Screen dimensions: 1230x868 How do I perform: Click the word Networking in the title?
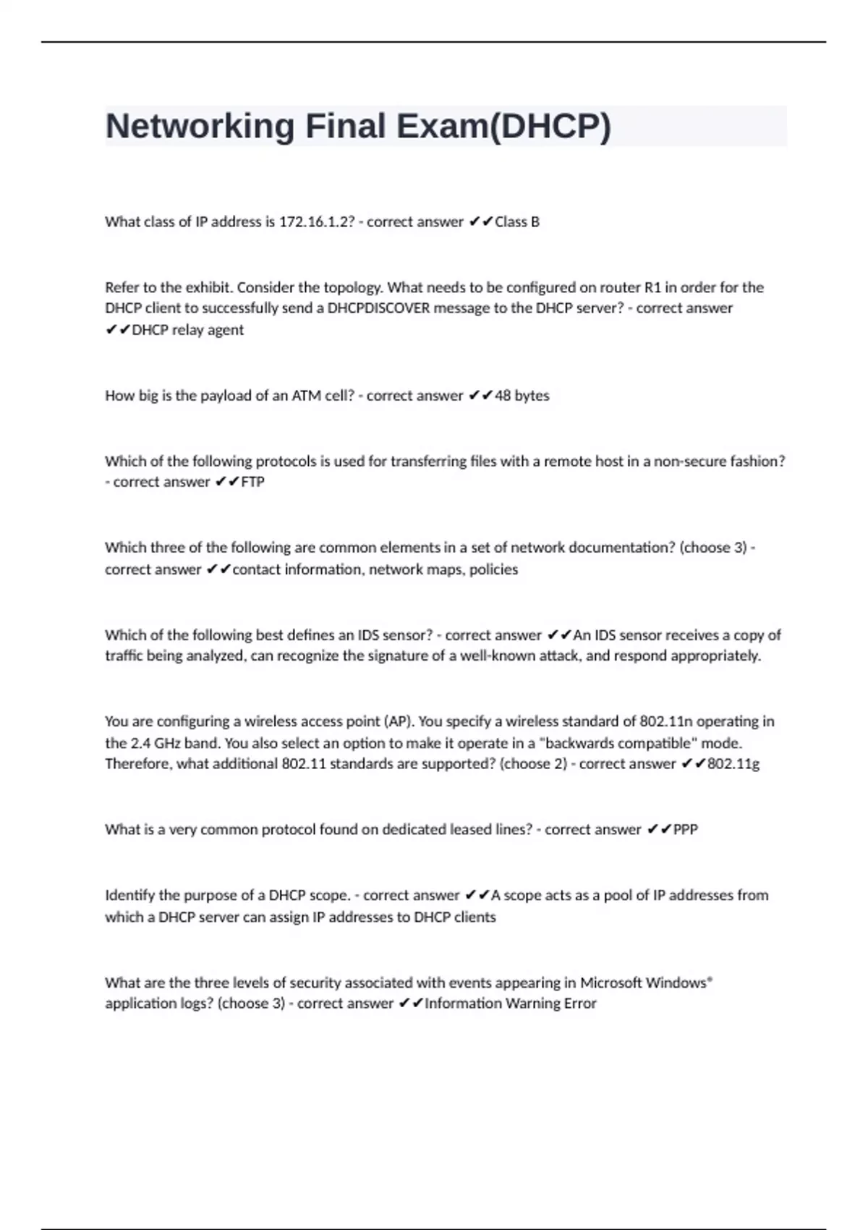point(200,127)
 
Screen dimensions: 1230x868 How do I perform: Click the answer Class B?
point(516,222)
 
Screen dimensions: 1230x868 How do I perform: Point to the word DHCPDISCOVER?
point(378,308)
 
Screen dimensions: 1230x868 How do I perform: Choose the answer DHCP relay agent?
point(187,330)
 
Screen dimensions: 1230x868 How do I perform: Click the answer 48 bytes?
point(522,396)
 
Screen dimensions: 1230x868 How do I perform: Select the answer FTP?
point(252,482)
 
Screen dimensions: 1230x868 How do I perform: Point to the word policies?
point(493,569)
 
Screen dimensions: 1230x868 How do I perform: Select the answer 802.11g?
point(733,764)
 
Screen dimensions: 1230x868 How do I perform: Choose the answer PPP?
point(685,830)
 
